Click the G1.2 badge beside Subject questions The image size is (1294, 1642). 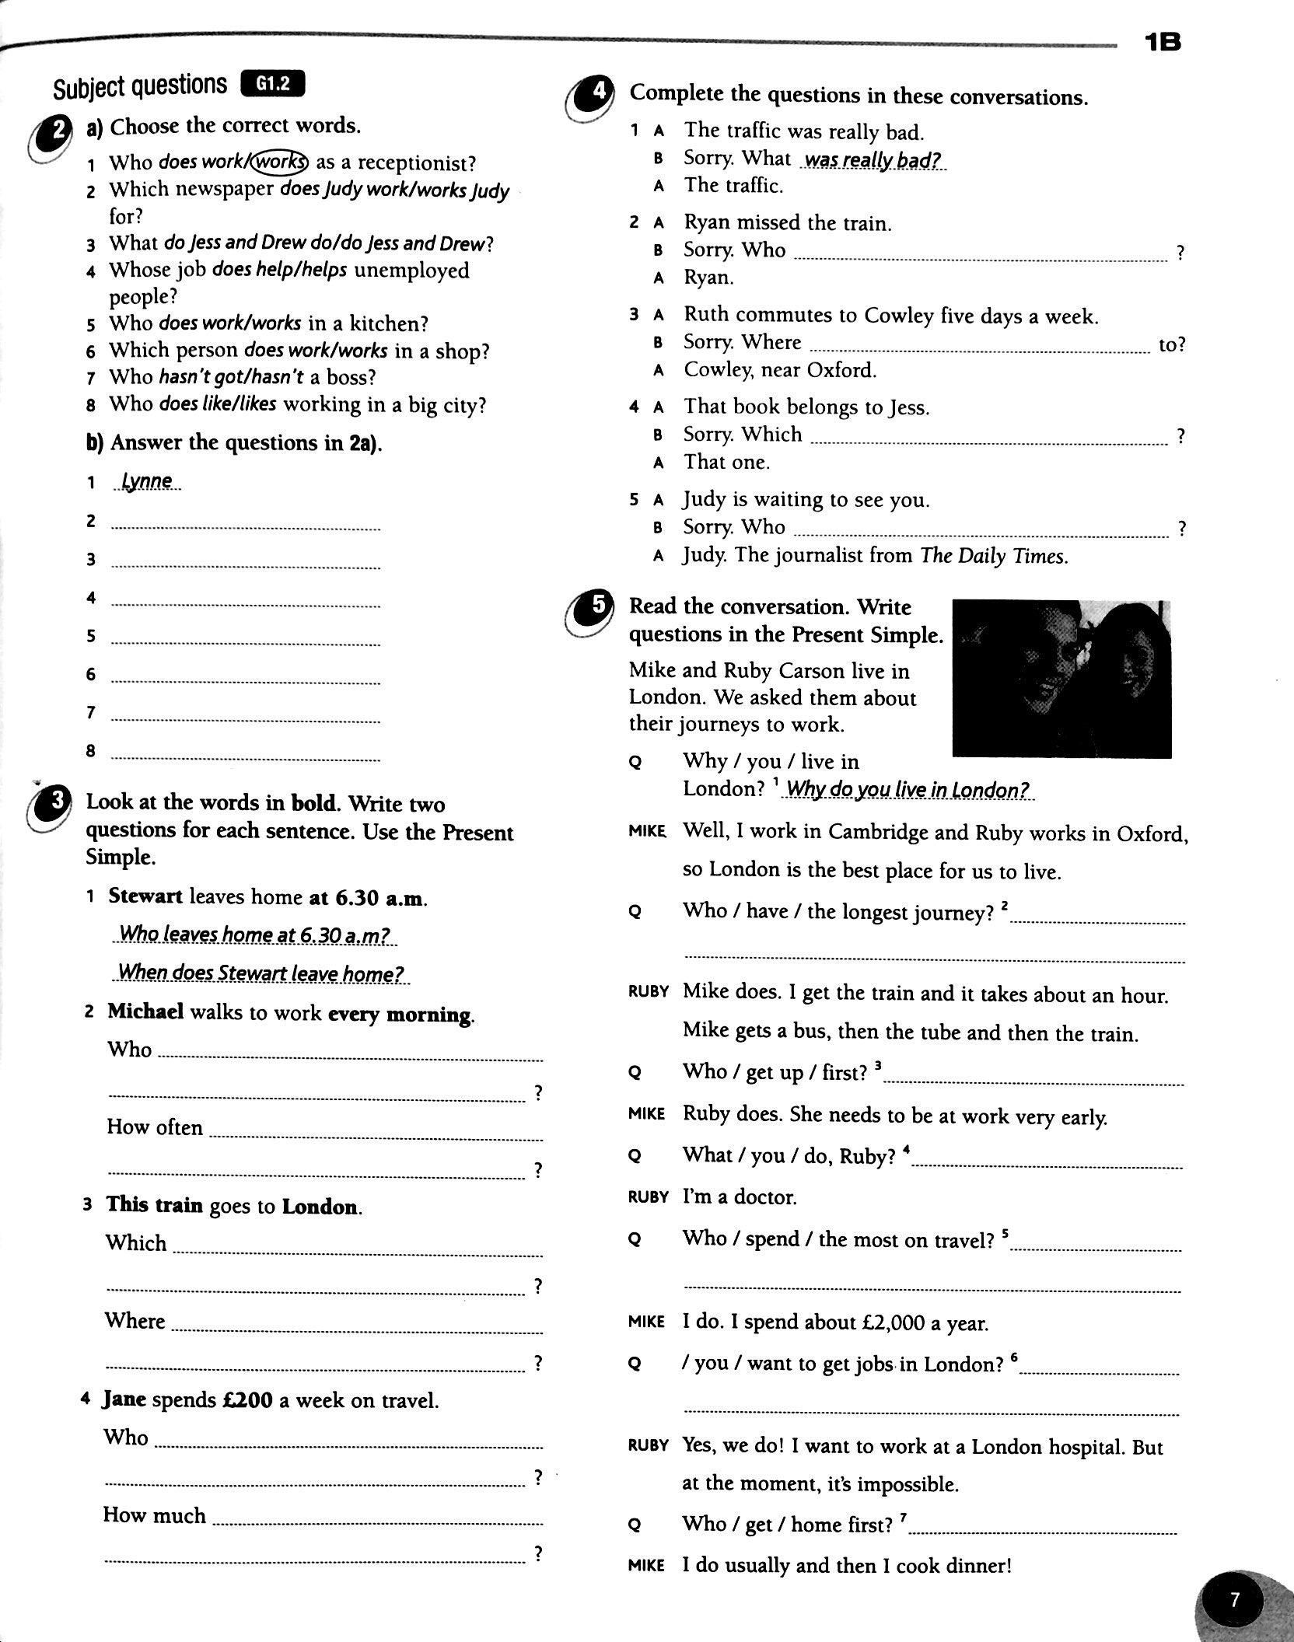click(x=273, y=83)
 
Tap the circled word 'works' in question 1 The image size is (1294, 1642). click(x=282, y=162)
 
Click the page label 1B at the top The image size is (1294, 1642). click(x=1163, y=42)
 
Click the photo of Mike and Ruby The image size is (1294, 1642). click(x=1061, y=678)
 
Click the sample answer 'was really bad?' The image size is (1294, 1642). click(x=873, y=160)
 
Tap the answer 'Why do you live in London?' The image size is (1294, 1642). click(x=908, y=790)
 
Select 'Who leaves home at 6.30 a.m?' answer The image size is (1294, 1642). click(x=254, y=934)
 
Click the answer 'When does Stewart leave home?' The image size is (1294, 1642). click(x=261, y=973)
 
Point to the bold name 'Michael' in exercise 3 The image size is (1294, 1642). click(x=145, y=1011)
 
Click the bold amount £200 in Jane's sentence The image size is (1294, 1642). click(x=247, y=1400)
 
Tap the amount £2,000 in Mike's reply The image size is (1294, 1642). click(x=897, y=1322)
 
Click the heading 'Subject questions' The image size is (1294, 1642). click(x=140, y=86)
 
